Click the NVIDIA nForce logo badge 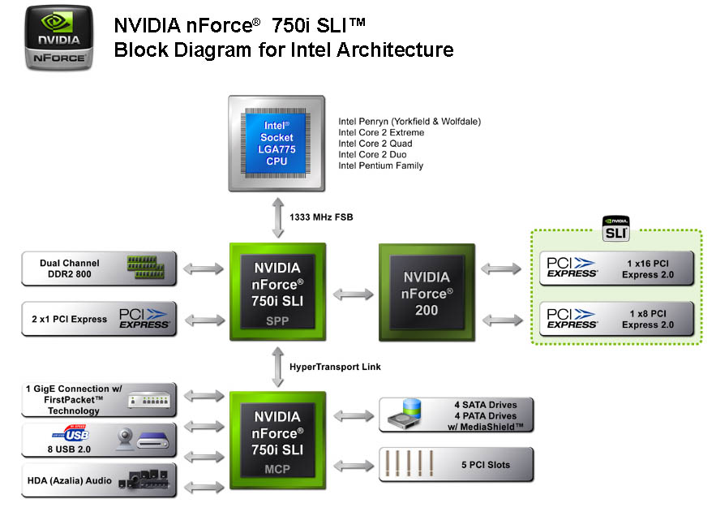[x=58, y=39]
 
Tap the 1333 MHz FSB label [x=321, y=217]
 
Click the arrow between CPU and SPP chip [x=277, y=217]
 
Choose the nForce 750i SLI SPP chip [x=278, y=290]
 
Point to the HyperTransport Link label [x=335, y=367]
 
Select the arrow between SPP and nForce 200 [x=353, y=294]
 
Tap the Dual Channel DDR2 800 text [x=70, y=269]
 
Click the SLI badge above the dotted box [x=616, y=228]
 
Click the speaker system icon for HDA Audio [x=145, y=479]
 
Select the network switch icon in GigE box [x=148, y=400]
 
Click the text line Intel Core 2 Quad [x=375, y=144]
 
